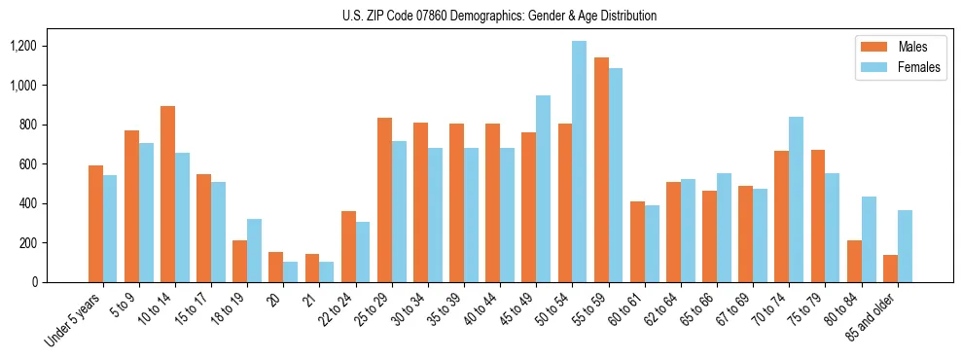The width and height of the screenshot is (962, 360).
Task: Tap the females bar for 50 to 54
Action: point(579,162)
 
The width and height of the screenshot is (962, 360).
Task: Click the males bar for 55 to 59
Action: point(600,170)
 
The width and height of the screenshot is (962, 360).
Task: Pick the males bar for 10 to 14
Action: point(167,195)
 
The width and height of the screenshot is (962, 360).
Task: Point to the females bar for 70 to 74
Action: point(795,199)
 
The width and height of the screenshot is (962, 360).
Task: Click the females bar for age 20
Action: point(291,271)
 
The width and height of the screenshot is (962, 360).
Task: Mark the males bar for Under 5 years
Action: point(95,224)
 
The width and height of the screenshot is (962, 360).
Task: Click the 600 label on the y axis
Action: point(52,164)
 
